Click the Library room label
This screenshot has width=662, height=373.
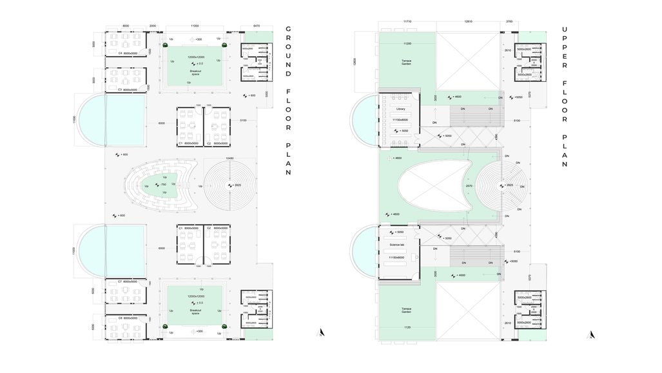(x=400, y=109)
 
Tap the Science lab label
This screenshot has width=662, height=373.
(x=397, y=245)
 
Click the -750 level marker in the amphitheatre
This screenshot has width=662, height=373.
(x=163, y=185)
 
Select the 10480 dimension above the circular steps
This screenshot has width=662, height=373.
(x=230, y=158)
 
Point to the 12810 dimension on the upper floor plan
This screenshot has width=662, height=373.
(x=468, y=22)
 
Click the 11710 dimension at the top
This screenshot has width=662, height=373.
(x=407, y=22)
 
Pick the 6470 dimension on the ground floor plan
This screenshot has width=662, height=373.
(x=257, y=26)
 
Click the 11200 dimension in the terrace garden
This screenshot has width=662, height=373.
(x=407, y=43)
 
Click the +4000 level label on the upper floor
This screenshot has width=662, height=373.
(x=459, y=275)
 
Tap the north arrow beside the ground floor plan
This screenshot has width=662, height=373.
(x=321, y=333)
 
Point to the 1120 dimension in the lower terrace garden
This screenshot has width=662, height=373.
(x=407, y=328)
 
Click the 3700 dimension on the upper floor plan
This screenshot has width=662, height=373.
(x=509, y=22)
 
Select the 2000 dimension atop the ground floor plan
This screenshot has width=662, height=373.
(x=153, y=26)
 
